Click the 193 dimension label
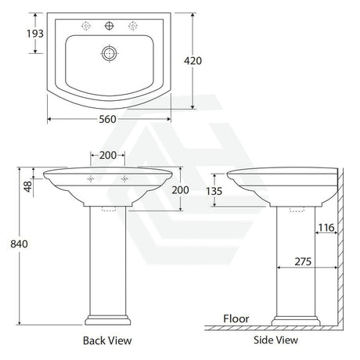pyautogui.click(x=35, y=34)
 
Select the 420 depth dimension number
pyautogui.click(x=193, y=61)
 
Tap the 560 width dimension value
pyautogui.click(x=107, y=119)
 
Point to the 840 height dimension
pyautogui.click(x=19, y=244)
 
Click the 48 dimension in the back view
pyautogui.click(x=28, y=186)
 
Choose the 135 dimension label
pyautogui.click(x=214, y=191)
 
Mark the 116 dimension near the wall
pyautogui.click(x=326, y=228)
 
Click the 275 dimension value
pyautogui.click(x=303, y=261)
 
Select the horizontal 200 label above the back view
pyautogui.click(x=108, y=156)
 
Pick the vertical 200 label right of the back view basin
pyautogui.click(x=180, y=190)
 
